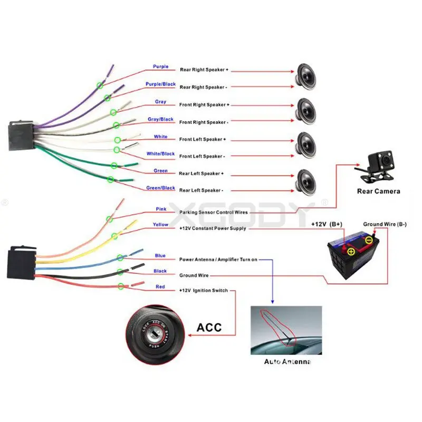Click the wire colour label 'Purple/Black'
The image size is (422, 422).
(160, 84)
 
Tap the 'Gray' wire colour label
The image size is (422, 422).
(160, 102)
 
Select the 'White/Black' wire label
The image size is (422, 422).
(160, 154)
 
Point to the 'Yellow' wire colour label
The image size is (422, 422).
(160, 225)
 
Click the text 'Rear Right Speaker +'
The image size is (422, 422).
(205, 70)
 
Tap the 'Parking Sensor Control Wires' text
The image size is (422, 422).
(213, 213)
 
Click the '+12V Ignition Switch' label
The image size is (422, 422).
(203, 291)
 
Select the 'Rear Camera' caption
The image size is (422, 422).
(378, 191)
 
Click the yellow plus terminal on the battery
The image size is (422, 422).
(351, 252)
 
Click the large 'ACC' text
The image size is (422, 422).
(209, 327)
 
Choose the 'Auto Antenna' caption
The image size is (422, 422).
(287, 362)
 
